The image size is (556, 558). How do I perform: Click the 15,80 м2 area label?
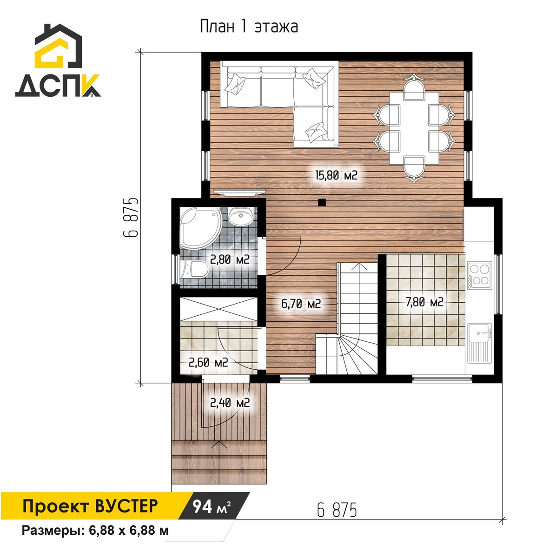pyautogui.click(x=336, y=175)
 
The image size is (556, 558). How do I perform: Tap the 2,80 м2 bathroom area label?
pyautogui.click(x=230, y=259)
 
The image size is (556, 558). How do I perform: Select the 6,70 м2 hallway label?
pyautogui.click(x=301, y=304)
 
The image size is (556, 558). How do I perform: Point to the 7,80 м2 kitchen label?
pyautogui.click(x=424, y=302)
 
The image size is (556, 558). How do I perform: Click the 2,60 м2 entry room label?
pyautogui.click(x=208, y=362)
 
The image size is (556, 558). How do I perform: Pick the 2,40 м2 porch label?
pyautogui.click(x=230, y=403)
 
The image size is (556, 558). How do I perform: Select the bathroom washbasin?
pyautogui.click(x=241, y=216)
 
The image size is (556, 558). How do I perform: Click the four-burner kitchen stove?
pyautogui.click(x=480, y=275)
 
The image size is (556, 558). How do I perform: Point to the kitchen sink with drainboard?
pyautogui.click(x=479, y=343)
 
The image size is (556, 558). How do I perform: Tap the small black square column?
pyautogui.click(x=321, y=202)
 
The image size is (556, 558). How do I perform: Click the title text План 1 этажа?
pyautogui.click(x=249, y=27)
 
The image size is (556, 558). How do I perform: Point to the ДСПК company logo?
pyautogui.click(x=58, y=60)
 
